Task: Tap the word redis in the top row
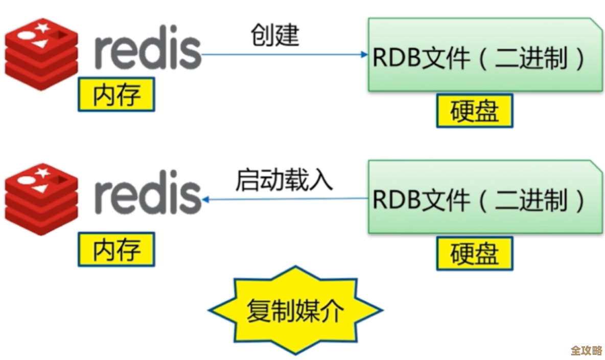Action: coord(148,51)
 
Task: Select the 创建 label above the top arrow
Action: coord(274,36)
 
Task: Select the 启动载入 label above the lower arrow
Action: coord(284,180)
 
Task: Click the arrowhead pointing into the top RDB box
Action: coord(364,55)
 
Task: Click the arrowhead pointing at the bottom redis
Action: coord(206,199)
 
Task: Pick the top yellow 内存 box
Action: coord(116,95)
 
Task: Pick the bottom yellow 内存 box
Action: coord(116,250)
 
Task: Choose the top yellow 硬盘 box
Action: coord(474,111)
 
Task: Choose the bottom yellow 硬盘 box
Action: coord(474,254)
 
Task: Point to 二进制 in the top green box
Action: coord(531,59)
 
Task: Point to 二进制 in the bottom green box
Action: coord(531,200)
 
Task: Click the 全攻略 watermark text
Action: coord(587,351)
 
